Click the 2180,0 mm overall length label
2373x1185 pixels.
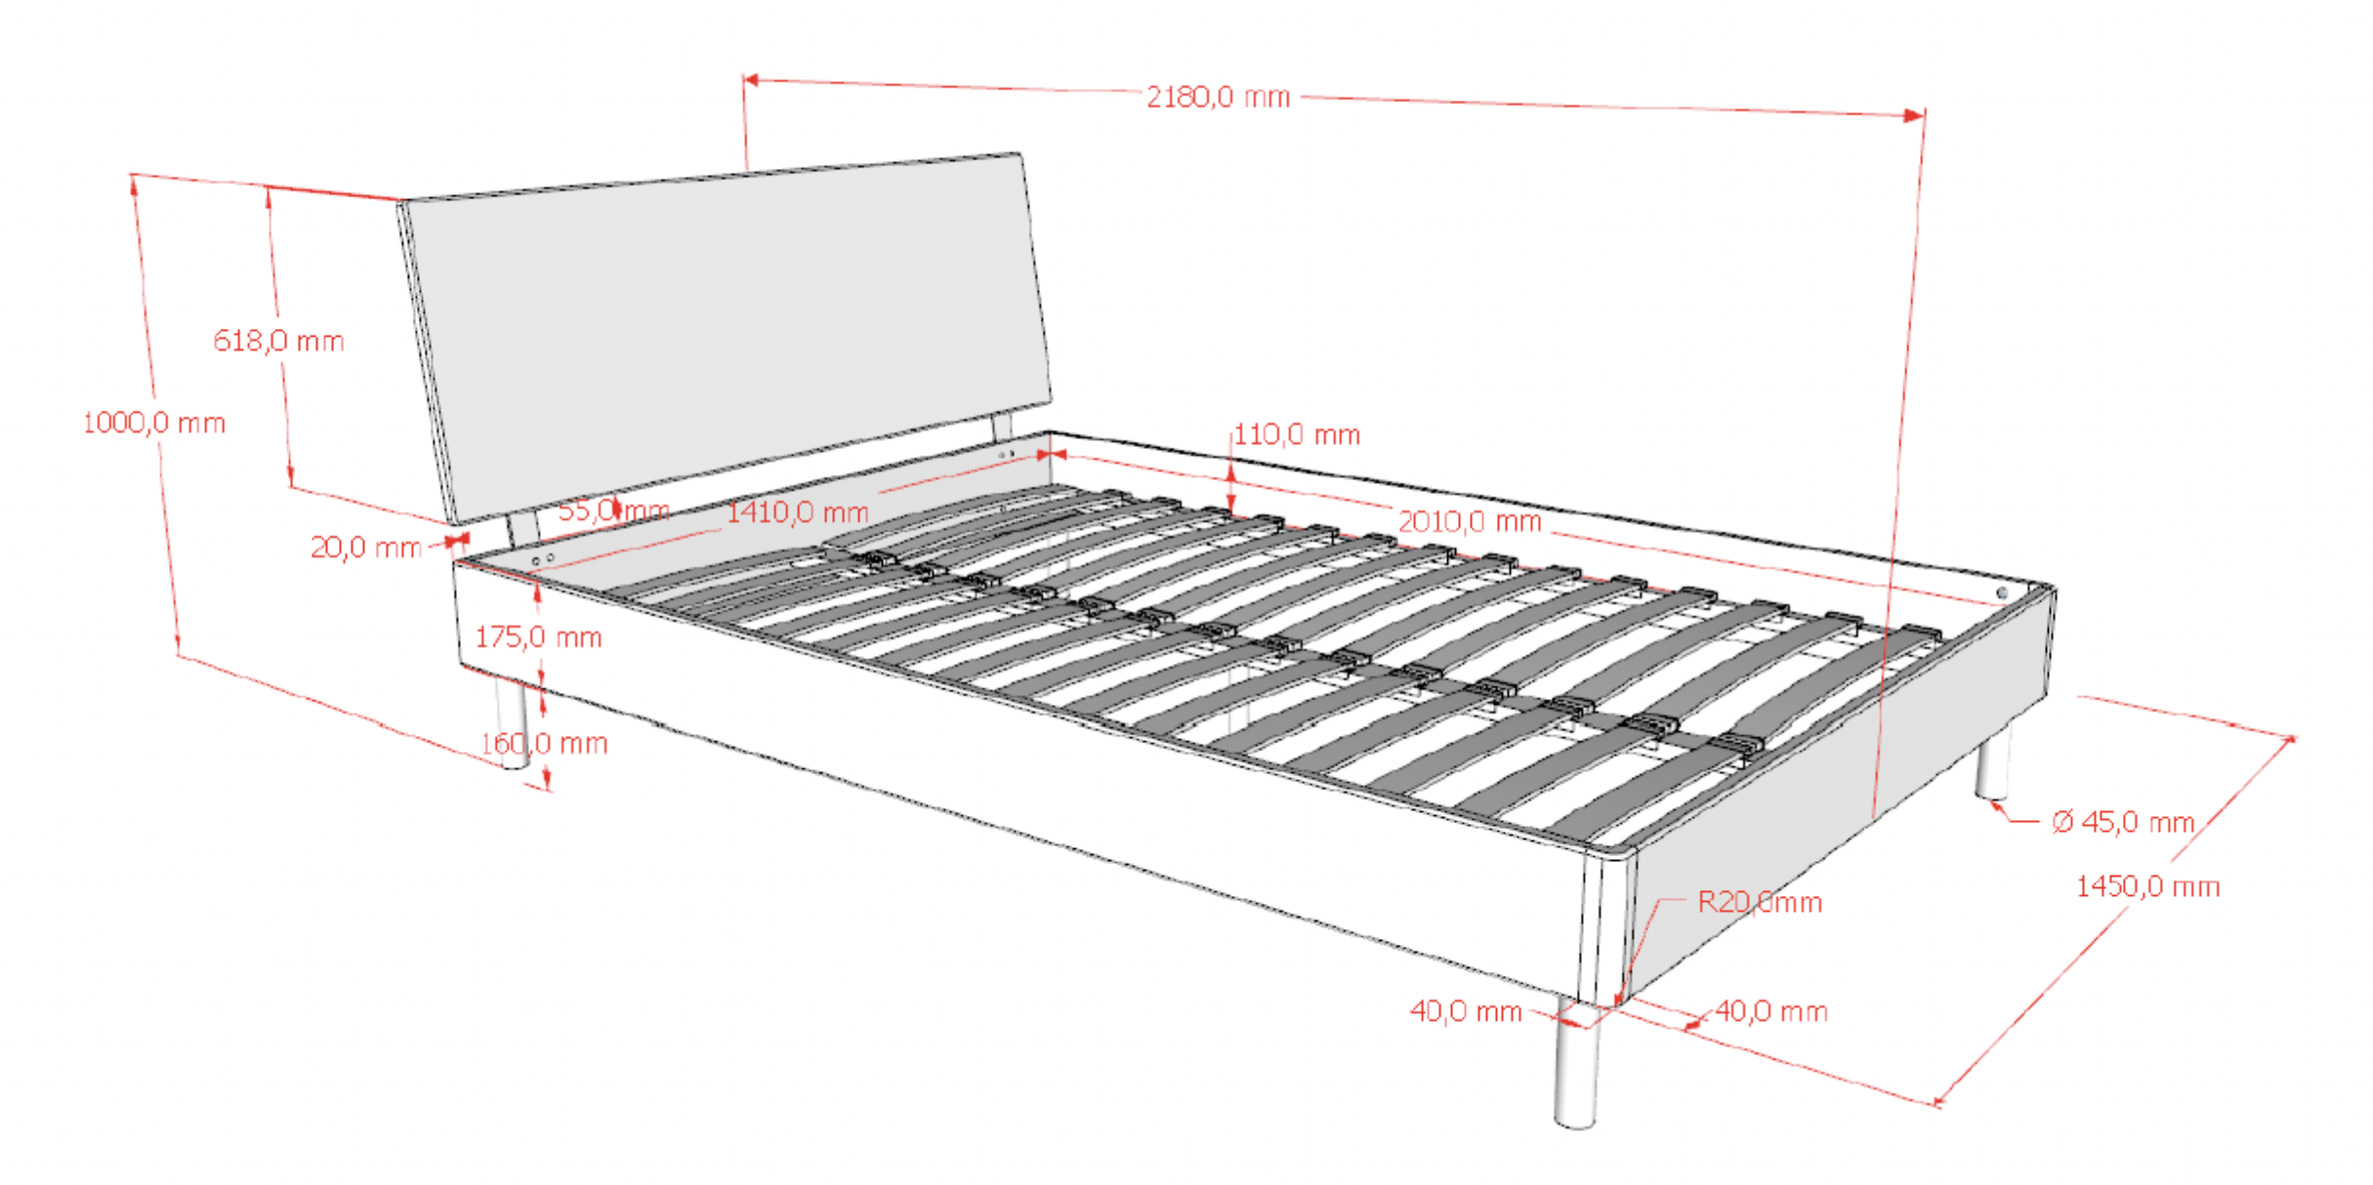point(1218,97)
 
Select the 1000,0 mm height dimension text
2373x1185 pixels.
point(154,423)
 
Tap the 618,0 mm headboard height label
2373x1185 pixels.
point(279,341)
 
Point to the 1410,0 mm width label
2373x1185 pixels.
point(798,511)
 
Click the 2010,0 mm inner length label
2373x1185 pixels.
point(1470,521)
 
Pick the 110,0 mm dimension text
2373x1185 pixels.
point(1297,434)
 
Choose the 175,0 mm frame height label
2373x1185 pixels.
point(538,637)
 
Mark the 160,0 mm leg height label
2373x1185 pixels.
point(544,744)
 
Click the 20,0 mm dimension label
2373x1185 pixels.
point(366,548)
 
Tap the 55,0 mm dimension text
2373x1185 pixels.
point(613,510)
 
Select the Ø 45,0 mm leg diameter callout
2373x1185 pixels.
point(2123,822)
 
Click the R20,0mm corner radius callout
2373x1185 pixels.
point(1760,902)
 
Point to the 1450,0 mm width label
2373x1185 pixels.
point(2147,886)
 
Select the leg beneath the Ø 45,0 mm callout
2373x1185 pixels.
point(1993,762)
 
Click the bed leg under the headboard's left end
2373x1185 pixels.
point(512,722)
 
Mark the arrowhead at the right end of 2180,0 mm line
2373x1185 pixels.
point(1915,115)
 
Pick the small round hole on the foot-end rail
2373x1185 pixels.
point(2002,593)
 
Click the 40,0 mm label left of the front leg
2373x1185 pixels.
point(1466,1011)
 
